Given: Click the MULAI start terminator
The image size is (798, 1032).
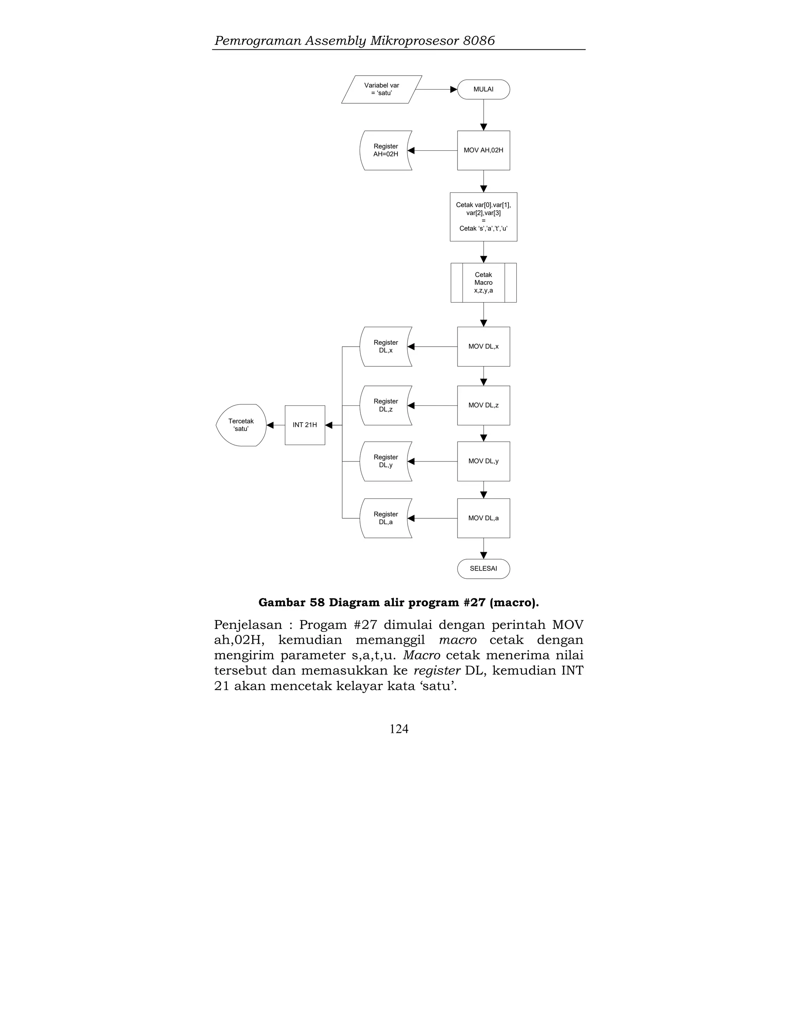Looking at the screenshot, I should click(483, 89).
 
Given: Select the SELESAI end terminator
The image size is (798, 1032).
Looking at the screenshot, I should click(483, 569).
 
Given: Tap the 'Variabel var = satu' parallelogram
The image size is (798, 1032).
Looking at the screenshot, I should click(381, 89).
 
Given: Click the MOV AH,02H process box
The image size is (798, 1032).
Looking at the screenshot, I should click(483, 150).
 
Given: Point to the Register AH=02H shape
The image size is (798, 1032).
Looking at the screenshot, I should click(385, 150).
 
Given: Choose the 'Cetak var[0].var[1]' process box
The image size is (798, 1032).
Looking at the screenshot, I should click(483, 217).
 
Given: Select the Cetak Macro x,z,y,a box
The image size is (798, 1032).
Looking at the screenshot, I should click(483, 283).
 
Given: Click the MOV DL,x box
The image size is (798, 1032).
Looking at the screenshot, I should click(483, 346).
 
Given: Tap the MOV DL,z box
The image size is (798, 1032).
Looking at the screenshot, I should click(483, 405).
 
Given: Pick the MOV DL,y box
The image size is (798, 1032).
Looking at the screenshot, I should click(483, 461).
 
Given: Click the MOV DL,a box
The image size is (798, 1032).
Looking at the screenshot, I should click(483, 518).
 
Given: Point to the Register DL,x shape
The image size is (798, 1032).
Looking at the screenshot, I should click(385, 346).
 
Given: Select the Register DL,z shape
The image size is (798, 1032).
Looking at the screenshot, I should click(385, 405).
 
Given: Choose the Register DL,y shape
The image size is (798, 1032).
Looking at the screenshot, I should click(385, 461).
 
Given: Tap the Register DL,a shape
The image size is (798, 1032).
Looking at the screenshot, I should click(385, 518).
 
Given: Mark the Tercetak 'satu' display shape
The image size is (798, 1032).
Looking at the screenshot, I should click(241, 425).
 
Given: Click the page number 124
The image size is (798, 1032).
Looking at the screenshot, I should click(399, 729).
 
